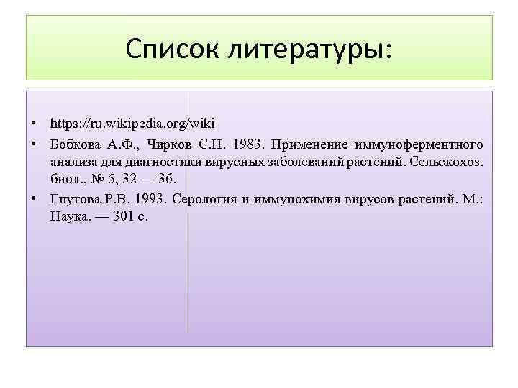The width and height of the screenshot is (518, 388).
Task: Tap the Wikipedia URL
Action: coord(132,123)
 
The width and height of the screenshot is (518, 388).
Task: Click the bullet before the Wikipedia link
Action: coord(35,123)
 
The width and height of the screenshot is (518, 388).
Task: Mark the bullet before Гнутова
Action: coord(35,198)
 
